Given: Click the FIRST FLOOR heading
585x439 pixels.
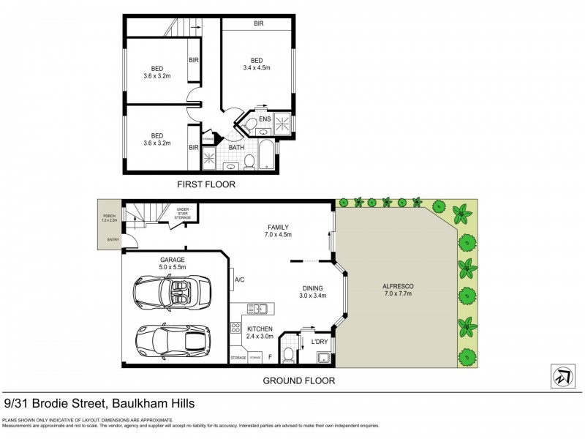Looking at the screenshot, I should pos(206,184).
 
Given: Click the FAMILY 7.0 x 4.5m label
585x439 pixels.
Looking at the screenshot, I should pos(278,230).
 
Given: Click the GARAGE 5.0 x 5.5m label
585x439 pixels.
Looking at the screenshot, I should pos(173,264).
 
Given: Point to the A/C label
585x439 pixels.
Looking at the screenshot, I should pos(239,279).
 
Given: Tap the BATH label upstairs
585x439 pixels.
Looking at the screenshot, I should pos(236,147).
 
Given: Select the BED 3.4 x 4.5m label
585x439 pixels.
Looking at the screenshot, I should pos(257,64).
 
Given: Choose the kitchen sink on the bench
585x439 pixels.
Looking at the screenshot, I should pos(257,309).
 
